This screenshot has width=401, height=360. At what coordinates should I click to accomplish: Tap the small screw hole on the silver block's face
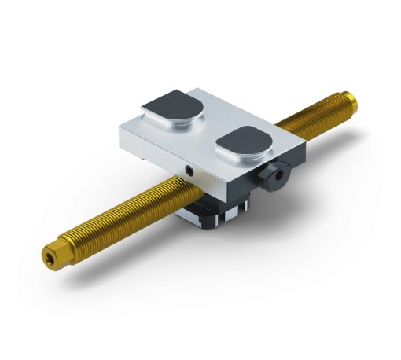189,170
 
